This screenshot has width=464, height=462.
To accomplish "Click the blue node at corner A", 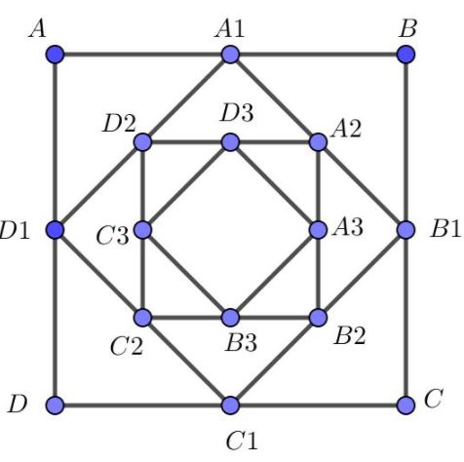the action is tap(55, 55).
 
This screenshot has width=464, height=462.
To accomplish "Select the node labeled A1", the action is tap(230, 55).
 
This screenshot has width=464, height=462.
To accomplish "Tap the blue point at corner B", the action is tap(406, 55).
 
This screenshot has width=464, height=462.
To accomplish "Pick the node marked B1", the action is tap(406, 230).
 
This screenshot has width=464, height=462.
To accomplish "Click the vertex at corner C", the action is tap(406, 405).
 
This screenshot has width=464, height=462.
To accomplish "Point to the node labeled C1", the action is tap(230, 405).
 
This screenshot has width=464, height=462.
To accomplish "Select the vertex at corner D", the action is tap(55, 405).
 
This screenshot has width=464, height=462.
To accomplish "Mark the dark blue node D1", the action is tap(55, 230).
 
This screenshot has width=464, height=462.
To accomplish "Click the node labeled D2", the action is tap(142, 142).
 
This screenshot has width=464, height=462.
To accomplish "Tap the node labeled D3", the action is tap(230, 142).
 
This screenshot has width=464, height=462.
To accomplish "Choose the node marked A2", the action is tap(318, 142).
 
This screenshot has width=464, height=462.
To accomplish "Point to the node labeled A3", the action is tap(318, 230).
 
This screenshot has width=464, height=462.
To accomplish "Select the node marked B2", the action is tap(318, 318).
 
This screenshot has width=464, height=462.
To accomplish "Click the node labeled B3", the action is tap(230, 318).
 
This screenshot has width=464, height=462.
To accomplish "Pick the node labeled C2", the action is tap(142, 318).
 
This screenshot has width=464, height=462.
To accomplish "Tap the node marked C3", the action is tap(142, 230).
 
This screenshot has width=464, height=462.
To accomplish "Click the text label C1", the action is tap(242, 441).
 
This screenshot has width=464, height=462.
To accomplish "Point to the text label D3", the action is tap(237, 113).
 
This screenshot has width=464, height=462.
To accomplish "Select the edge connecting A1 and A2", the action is tap(274, 98).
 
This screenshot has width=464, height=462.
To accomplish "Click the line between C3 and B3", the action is tap(186, 274).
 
